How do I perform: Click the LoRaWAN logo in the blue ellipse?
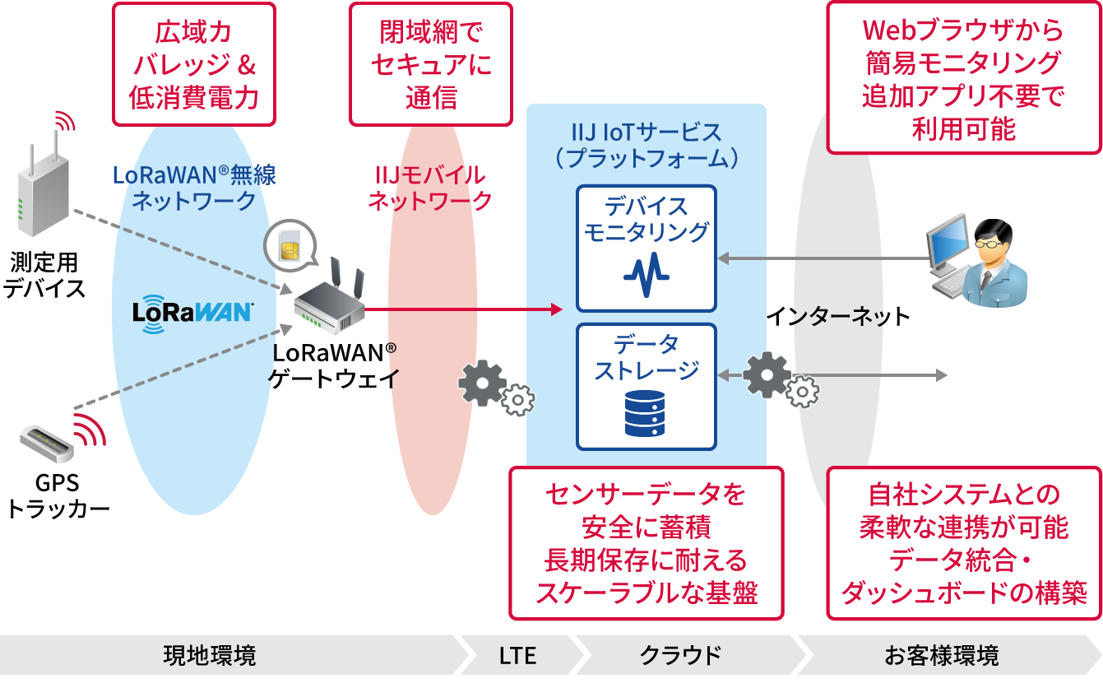tap(192, 314)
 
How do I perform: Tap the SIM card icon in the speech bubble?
tap(289, 245)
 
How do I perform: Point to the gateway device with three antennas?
tap(331, 301)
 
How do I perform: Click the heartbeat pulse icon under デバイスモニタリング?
tap(646, 276)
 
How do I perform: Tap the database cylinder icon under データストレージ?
tap(646, 414)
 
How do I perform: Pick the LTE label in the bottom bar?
tap(517, 656)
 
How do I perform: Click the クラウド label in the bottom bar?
tap(680, 656)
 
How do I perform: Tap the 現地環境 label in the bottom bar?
tap(210, 656)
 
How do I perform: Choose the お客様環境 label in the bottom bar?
tap(942, 656)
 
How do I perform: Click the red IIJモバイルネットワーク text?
tap(429, 188)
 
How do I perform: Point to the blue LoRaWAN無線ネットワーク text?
tap(194, 188)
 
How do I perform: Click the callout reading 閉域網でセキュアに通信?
tap(430, 64)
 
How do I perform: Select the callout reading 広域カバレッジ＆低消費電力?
tap(193, 64)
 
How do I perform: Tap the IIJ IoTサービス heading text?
tap(646, 144)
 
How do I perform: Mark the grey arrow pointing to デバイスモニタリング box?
tap(823, 258)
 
